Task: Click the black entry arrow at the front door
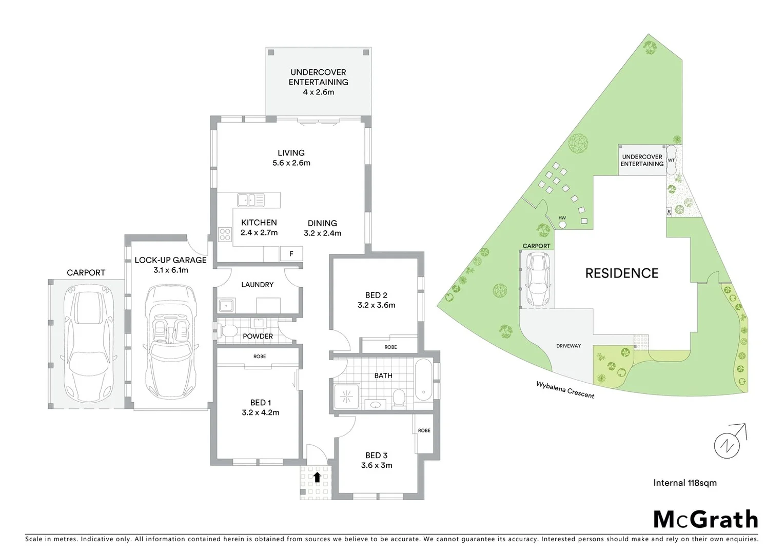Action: coord(317,477)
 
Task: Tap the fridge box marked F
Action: coord(291,253)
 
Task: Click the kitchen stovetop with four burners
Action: coord(225,234)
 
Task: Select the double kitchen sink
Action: coord(251,200)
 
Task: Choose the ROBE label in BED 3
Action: coord(424,430)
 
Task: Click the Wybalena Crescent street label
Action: coord(565,390)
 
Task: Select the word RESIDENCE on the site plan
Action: coord(622,273)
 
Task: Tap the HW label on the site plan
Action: coord(562,218)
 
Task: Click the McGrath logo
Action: coord(705,519)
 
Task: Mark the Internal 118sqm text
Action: coord(685,483)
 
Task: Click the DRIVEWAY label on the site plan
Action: coord(569,346)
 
